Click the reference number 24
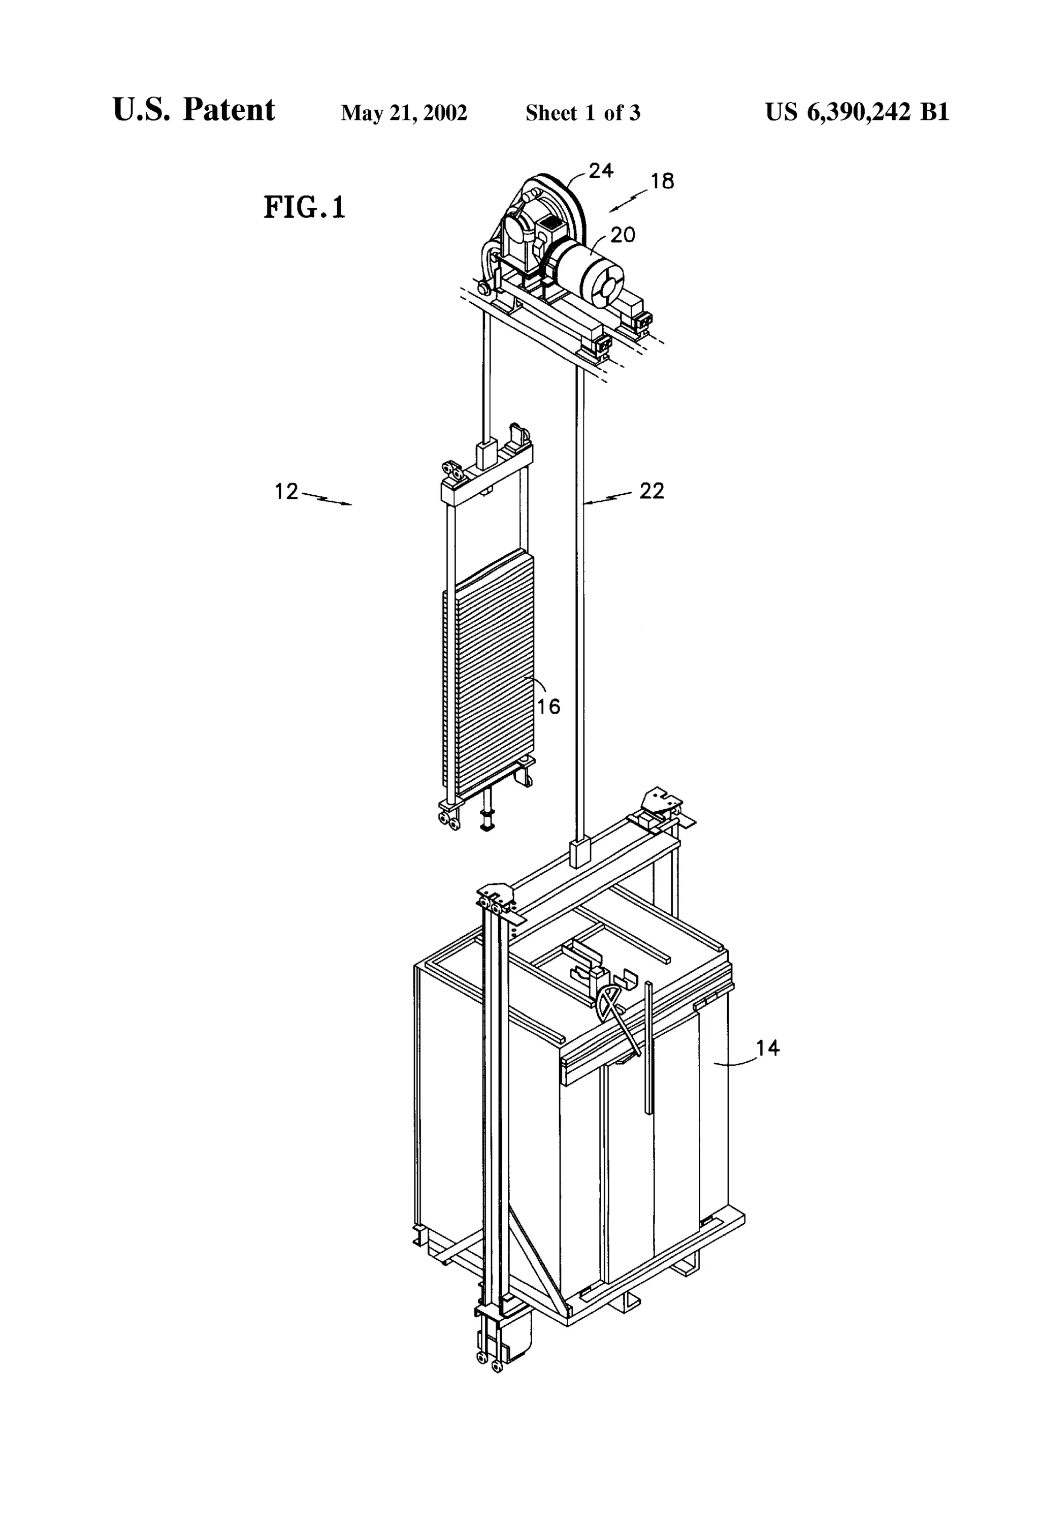[600, 171]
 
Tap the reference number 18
[662, 181]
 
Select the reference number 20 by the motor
[623, 235]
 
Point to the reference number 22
[652, 491]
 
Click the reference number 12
[286, 491]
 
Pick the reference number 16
[548, 706]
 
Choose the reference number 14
[767, 1047]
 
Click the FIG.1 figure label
[304, 207]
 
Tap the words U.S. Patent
[194, 110]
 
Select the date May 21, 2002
[404, 113]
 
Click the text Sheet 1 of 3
[582, 113]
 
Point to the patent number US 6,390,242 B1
[857, 112]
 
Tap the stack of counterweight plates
[490, 671]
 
